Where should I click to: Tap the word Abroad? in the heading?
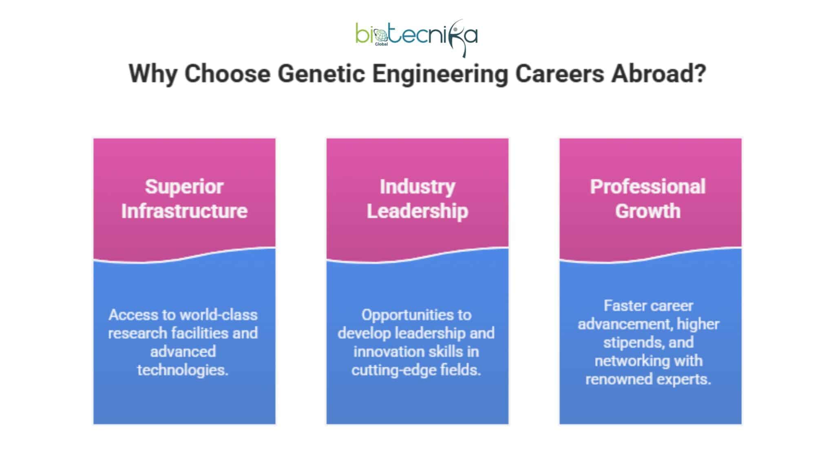658,74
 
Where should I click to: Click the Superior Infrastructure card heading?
184,199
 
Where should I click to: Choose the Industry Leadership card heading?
417,199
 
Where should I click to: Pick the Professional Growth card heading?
648,199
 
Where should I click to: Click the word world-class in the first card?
219,315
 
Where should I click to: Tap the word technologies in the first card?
182,370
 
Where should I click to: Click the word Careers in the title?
559,74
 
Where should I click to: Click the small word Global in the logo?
381,44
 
